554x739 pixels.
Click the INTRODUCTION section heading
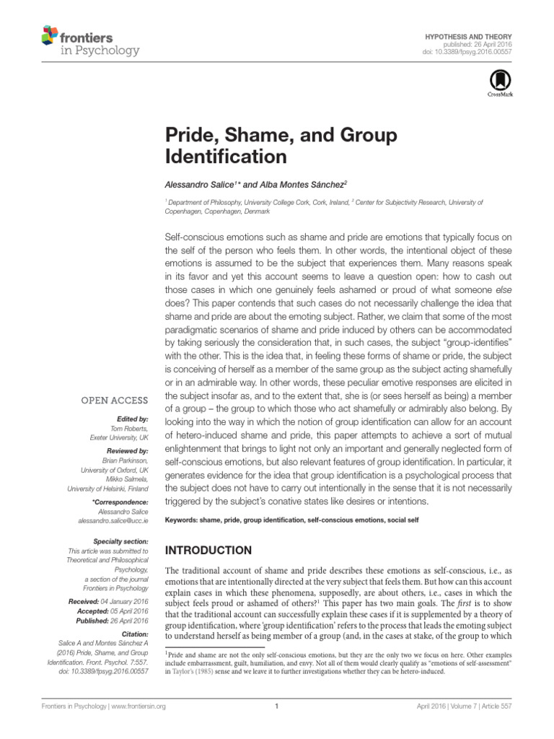(x=208, y=549)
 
